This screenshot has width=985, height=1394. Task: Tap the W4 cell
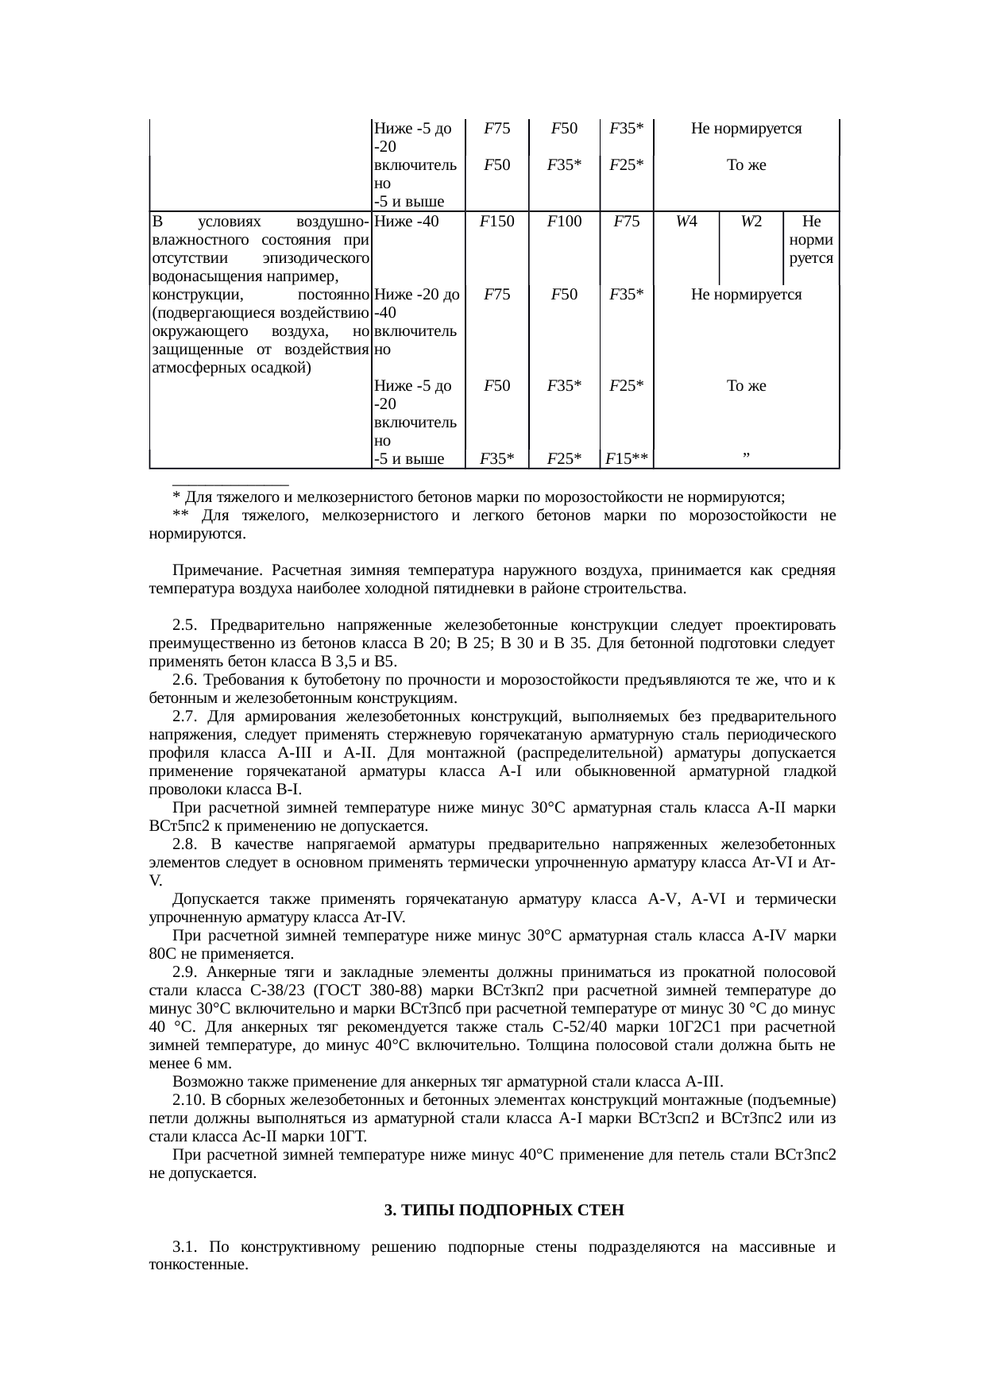pos(686,222)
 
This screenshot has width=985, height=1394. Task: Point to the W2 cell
pos(751,222)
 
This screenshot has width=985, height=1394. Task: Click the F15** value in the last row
pos(627,458)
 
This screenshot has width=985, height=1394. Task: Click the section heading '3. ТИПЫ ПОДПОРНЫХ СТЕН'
pos(504,1211)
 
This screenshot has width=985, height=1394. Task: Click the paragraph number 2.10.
pos(187,1101)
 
